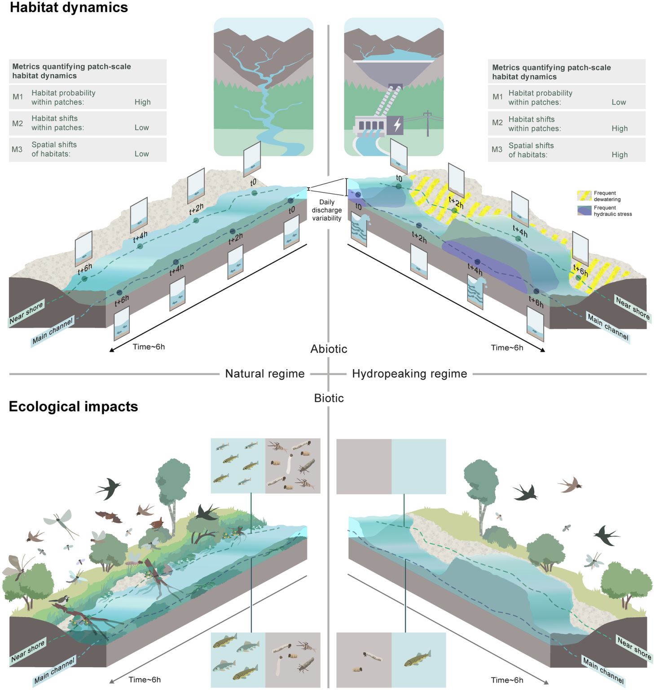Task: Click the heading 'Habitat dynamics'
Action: (x=69, y=8)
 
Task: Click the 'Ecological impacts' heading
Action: (x=73, y=407)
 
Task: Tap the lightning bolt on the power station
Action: (x=397, y=124)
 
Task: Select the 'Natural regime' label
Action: (x=265, y=374)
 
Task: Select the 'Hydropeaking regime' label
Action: (x=409, y=374)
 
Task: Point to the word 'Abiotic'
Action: (x=329, y=349)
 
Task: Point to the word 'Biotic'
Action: (x=329, y=398)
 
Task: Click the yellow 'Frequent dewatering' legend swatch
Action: (x=584, y=196)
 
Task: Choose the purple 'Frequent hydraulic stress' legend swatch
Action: (x=584, y=211)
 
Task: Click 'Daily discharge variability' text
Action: (x=327, y=210)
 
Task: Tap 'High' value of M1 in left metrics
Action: (x=143, y=102)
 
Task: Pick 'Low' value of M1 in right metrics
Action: (x=619, y=102)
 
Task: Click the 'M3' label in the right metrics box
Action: (x=497, y=150)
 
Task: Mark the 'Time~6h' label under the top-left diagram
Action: (x=149, y=347)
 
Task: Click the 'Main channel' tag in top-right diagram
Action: (x=608, y=327)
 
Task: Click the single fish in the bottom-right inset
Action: (x=417, y=659)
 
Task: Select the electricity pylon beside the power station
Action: (x=427, y=123)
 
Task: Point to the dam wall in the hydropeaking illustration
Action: (x=394, y=72)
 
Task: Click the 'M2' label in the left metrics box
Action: (x=18, y=123)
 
